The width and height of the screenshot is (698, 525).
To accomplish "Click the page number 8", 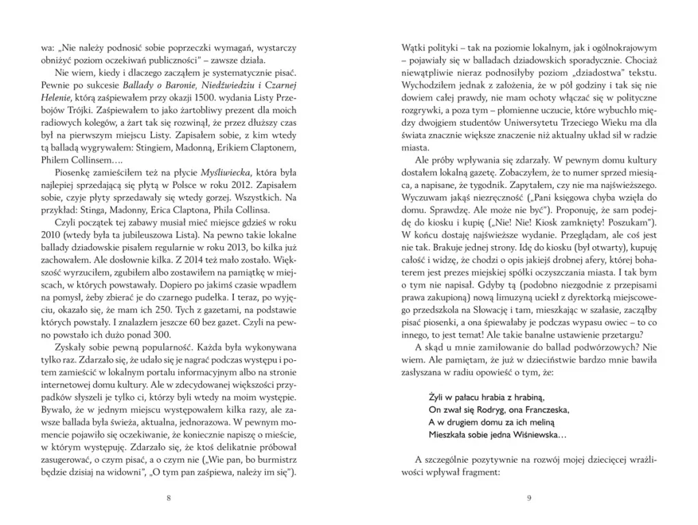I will pos(169,498).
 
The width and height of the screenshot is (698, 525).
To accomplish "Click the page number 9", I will pos(529,498).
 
